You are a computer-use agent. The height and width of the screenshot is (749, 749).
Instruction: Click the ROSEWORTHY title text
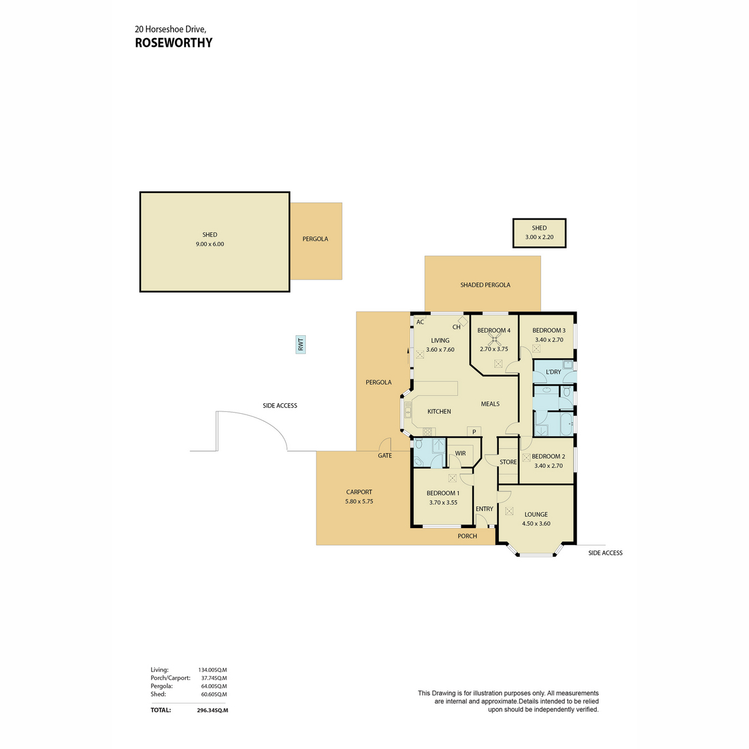pos(174,43)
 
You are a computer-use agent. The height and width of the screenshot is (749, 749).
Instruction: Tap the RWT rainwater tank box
pos(301,345)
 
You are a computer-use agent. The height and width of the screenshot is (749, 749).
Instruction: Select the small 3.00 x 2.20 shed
pos(539,233)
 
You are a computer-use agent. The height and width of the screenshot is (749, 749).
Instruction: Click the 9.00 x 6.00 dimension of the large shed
pos(210,244)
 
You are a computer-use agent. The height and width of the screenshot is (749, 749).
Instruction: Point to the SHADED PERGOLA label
pos(485,285)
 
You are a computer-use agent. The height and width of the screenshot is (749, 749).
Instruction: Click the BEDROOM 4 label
pos(494,330)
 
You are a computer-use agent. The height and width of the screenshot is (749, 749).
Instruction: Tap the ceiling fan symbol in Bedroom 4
pos(496,340)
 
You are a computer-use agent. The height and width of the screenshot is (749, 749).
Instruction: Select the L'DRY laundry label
pos(553,372)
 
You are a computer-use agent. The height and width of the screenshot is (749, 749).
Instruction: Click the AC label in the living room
pos(420,322)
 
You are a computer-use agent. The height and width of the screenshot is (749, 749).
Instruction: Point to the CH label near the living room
pos(456,327)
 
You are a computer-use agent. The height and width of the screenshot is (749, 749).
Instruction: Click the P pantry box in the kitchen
pos(474,431)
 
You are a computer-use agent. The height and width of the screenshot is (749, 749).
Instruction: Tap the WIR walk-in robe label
pos(460,454)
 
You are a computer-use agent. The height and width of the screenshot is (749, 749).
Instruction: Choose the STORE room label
pos(508,463)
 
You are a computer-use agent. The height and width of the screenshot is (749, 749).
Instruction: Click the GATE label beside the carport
pos(385,456)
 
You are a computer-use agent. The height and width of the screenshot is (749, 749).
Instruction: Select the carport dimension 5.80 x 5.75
pos(359,501)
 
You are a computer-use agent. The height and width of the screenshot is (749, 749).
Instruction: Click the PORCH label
pos(467,536)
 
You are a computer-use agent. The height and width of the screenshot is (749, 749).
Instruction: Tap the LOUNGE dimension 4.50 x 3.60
pos(536,524)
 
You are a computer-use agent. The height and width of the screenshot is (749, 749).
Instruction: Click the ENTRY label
pos(484,509)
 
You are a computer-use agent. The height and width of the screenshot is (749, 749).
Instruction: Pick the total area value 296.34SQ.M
pos(212,710)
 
